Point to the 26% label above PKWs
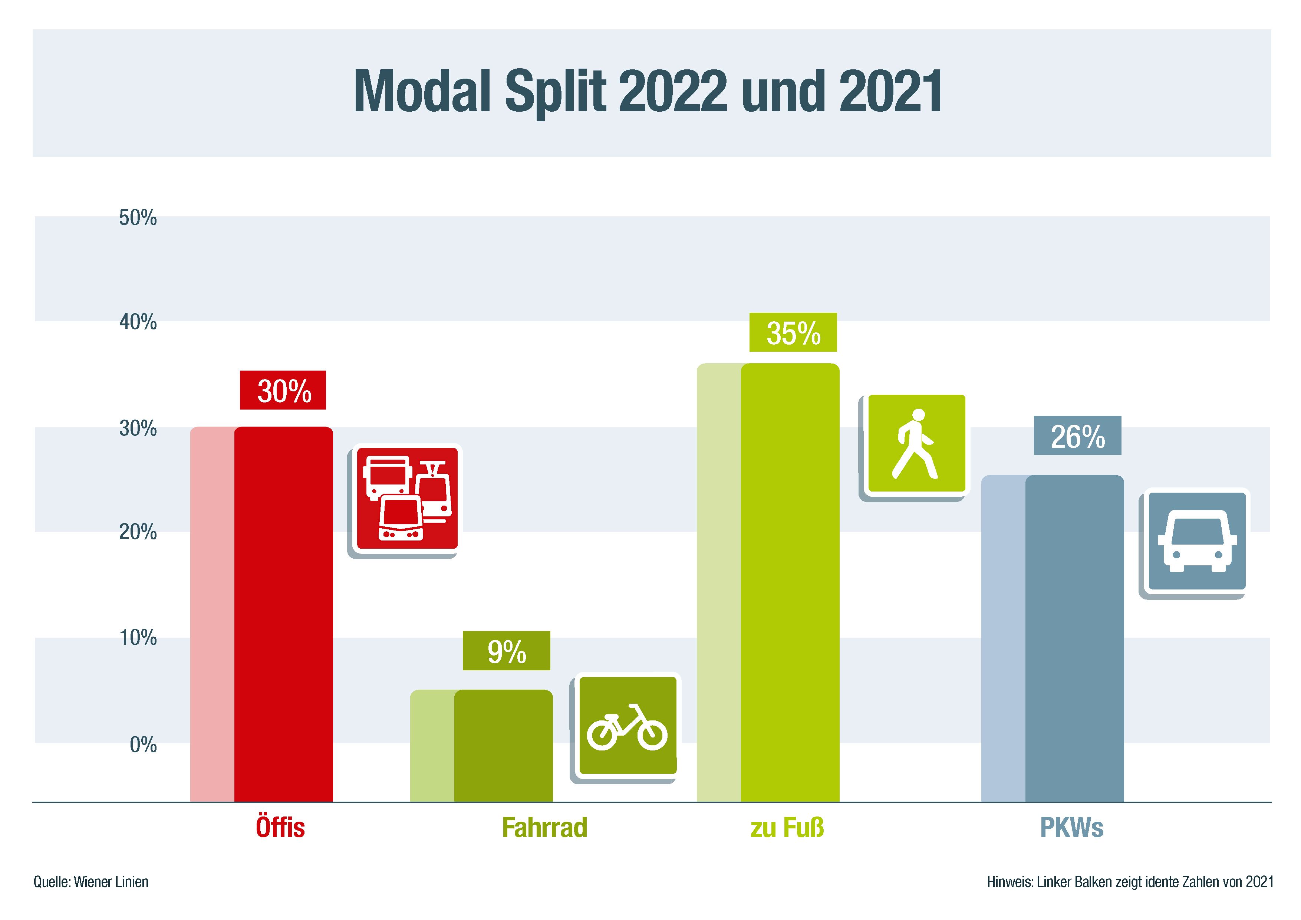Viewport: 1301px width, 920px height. coord(1077,436)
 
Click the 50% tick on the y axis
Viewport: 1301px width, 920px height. coord(138,218)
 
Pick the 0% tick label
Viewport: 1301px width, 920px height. coord(143,744)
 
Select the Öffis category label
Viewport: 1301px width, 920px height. coord(280,828)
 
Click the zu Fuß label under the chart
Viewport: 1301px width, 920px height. coord(787,828)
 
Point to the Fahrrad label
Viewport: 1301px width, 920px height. coord(544,828)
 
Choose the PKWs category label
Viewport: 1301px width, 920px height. coord(1071,828)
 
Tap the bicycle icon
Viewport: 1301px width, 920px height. coord(627,726)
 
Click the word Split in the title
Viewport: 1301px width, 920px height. coord(555,91)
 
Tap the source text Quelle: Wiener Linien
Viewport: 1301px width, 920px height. coord(90,882)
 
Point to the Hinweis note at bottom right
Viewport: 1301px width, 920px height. coord(1130,882)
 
